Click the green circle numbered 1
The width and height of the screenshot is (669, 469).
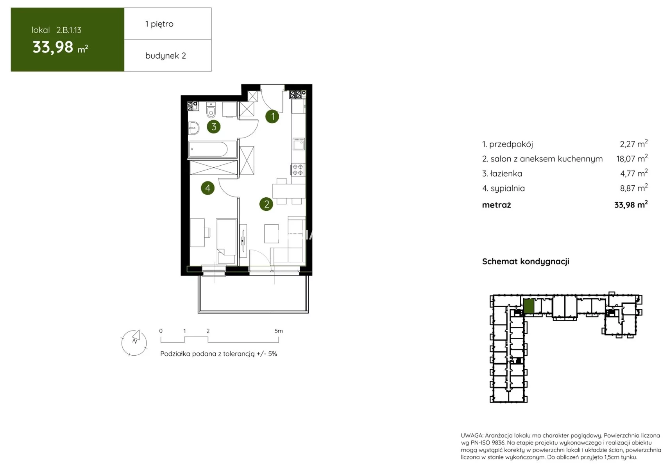point(272,116)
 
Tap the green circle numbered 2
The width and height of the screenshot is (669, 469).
point(266,204)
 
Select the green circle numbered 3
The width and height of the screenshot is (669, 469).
point(213,127)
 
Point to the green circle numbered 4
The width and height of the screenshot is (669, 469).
point(207,188)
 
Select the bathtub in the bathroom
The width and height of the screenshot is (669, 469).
point(212,149)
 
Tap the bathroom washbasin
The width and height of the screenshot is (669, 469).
point(193,128)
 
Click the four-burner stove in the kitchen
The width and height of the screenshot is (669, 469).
point(298,170)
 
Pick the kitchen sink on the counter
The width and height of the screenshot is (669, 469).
point(299,144)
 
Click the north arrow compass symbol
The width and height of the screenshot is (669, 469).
point(134,343)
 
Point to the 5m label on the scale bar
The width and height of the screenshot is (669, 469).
point(279,331)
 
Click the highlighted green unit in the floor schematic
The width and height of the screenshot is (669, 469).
point(529,306)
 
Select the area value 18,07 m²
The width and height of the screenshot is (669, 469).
point(632,158)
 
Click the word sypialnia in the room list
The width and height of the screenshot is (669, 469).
point(508,188)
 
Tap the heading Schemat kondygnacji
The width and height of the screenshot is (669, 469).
point(526,261)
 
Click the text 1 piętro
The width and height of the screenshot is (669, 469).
point(159,24)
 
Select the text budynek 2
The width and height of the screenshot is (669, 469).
point(165,55)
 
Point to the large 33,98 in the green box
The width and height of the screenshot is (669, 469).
point(53,47)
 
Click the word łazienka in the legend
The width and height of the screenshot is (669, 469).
point(506,174)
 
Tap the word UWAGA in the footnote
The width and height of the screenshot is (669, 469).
point(472,435)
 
